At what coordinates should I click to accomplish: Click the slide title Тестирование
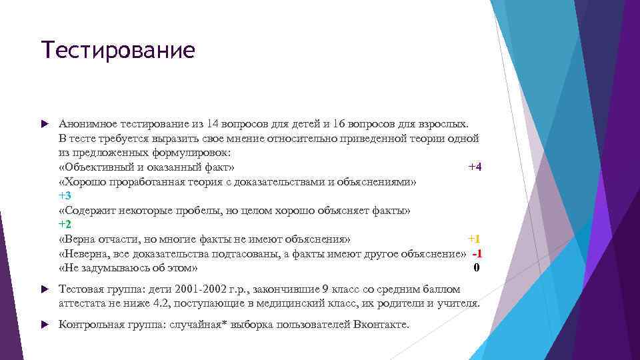pyautogui.click(x=118, y=50)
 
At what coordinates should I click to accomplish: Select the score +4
pyautogui.click(x=474, y=167)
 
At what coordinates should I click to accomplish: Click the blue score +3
pyautogui.click(x=65, y=196)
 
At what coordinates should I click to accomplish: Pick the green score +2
pyautogui.click(x=65, y=225)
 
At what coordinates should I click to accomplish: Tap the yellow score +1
pyautogui.click(x=473, y=239)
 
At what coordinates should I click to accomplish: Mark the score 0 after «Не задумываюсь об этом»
pyautogui.click(x=476, y=268)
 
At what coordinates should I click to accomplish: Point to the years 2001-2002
pyautogui.click(x=200, y=289)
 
